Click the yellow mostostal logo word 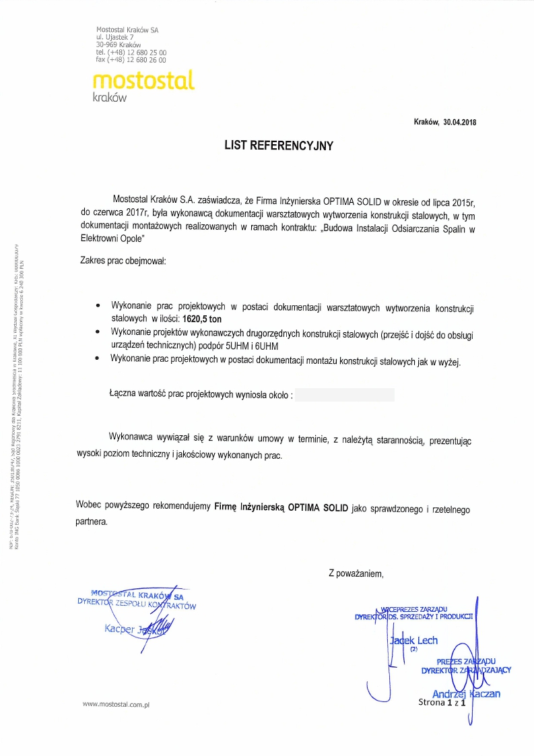[143, 80]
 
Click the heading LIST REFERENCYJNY [279, 145]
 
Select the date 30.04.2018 [459, 122]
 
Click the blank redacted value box [345, 394]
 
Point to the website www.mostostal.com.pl [115, 704]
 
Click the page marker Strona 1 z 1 [442, 703]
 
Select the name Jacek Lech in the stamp [413, 641]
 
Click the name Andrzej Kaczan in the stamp [466, 694]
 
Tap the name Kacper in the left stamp [120, 629]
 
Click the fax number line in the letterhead [131, 59]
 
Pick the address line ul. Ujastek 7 [115, 37]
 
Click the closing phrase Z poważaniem [356, 573]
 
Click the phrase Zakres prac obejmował [123, 260]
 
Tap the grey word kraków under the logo [109, 97]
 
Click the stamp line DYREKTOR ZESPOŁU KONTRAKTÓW [137, 604]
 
